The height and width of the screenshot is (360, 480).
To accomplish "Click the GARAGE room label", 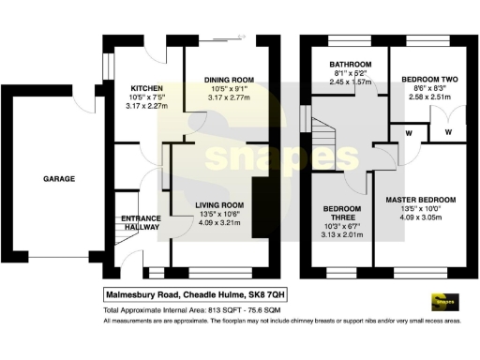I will (58, 178).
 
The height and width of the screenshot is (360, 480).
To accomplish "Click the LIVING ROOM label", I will (219, 204).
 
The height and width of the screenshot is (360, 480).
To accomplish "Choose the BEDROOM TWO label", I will (423, 81).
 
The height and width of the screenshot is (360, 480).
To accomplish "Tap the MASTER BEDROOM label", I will (420, 200).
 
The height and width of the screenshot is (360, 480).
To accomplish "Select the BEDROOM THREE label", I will (342, 214).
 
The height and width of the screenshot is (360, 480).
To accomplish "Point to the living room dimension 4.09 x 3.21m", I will (219, 225).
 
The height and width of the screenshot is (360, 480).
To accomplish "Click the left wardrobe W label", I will (410, 133).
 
